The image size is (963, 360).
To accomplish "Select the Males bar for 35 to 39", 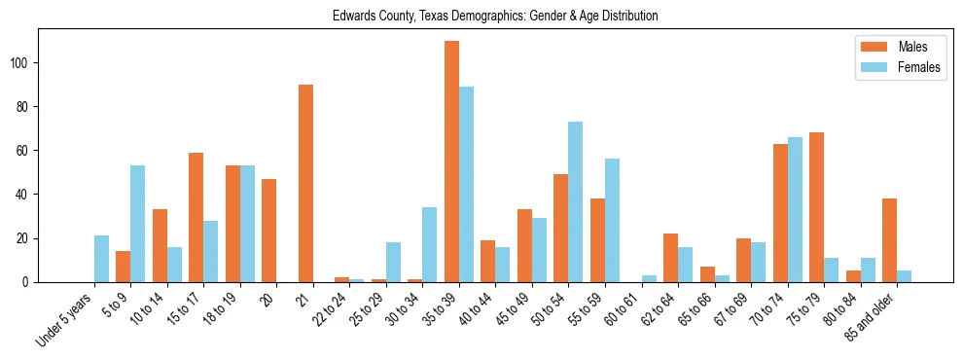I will click(x=451, y=162).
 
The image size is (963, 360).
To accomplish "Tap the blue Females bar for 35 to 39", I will click(x=466, y=184).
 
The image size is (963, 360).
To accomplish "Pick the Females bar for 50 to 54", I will click(x=576, y=201).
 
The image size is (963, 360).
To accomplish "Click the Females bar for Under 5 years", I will click(x=101, y=259).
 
